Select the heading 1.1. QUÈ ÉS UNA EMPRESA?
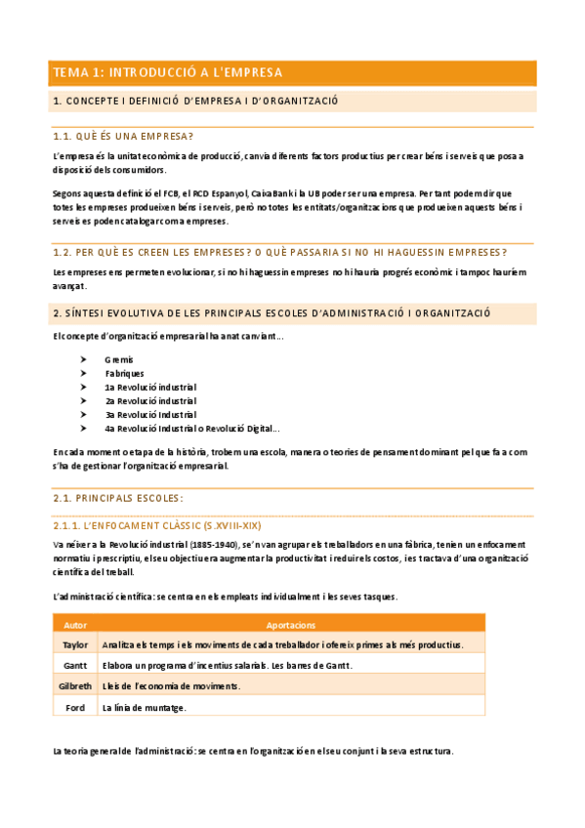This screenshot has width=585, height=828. point(123,136)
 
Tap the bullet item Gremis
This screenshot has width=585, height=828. point(119,359)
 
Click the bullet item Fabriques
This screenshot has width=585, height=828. point(125,373)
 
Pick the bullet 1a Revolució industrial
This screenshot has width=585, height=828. point(150,387)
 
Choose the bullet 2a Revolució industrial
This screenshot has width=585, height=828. point(150,400)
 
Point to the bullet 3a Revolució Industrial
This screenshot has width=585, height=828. point(150,414)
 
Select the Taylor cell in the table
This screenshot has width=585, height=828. point(75,644)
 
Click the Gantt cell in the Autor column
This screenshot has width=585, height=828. point(75,666)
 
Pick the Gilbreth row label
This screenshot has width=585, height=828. point(75,686)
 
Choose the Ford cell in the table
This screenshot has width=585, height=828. point(75,708)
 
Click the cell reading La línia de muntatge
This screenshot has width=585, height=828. point(144,708)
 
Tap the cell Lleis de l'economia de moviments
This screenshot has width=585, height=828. point(171,686)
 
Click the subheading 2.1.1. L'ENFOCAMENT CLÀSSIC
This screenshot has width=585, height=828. point(156,524)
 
